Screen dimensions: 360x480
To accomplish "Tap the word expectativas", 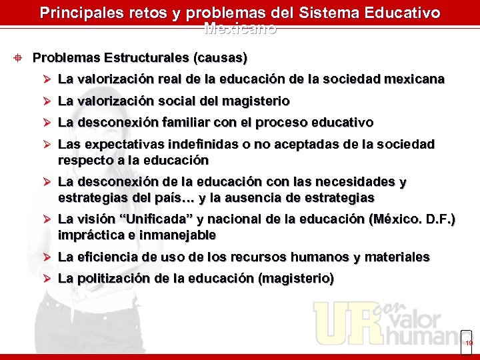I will (119, 145).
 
